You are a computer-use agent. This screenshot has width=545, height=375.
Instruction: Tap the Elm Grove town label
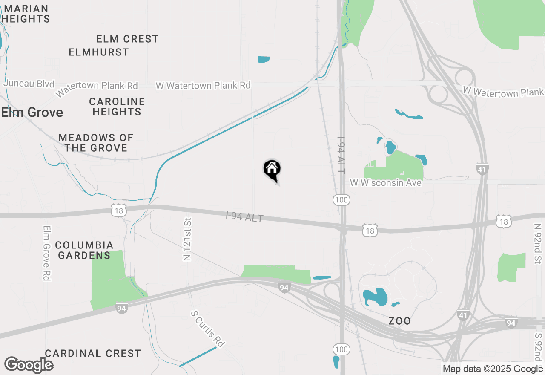tap(32, 112)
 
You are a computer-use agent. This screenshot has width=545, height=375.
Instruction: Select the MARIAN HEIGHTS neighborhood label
tap(26, 14)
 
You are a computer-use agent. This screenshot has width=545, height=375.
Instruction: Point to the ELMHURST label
tap(99, 52)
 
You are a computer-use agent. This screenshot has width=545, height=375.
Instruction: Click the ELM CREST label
tap(127, 39)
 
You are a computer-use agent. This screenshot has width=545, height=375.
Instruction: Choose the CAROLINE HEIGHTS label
tap(117, 107)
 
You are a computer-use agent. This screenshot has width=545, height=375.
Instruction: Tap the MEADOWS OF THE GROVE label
tap(96, 143)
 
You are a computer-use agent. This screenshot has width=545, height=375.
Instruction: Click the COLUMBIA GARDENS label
tap(84, 250)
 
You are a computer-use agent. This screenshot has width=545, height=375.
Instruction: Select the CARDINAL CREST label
tap(93, 353)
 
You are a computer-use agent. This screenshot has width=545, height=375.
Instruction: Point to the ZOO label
tap(400, 321)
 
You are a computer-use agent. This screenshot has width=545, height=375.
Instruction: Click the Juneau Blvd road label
tap(29, 84)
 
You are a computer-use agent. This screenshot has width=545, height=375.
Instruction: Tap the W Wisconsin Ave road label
tap(386, 183)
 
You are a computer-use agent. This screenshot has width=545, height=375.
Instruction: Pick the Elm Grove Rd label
tap(47, 253)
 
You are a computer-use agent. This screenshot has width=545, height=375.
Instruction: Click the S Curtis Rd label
tap(208, 329)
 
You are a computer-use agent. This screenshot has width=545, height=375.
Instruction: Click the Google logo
tap(29, 365)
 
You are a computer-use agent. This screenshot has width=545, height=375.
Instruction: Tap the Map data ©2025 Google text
tap(492, 369)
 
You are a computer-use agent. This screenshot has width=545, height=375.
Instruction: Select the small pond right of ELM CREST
tap(264, 60)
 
